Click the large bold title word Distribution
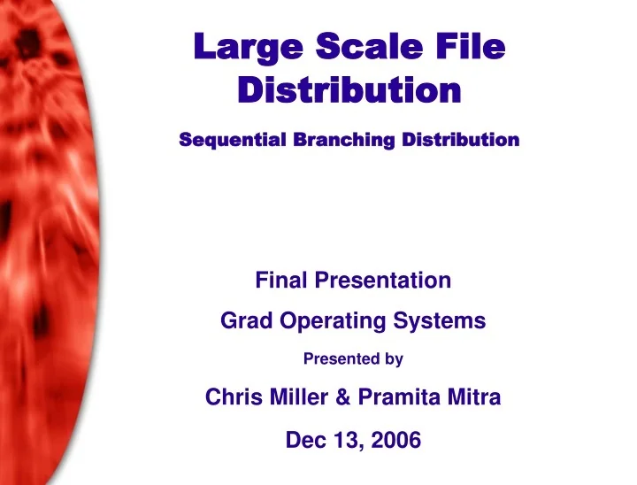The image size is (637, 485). (x=350, y=90)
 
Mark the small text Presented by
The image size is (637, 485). (x=353, y=360)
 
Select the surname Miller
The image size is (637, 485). (x=297, y=398)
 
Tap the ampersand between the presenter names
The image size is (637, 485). (x=345, y=398)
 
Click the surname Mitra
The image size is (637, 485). (x=476, y=398)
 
